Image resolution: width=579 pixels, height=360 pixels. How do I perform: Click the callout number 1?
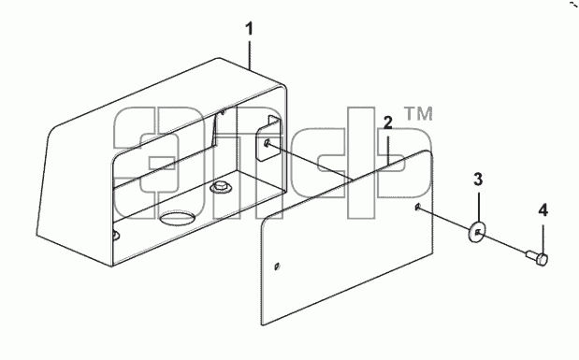tap(250, 29)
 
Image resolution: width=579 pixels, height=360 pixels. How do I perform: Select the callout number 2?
tap(387, 122)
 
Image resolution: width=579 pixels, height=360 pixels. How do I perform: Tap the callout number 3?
tap(478, 180)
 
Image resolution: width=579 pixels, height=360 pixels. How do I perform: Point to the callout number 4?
tap(543, 210)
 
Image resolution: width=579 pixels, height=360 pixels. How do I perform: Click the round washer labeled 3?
tap(477, 232)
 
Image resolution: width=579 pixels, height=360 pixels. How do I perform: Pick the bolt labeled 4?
tap(537, 256)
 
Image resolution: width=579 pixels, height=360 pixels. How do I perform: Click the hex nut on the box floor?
tap(221, 186)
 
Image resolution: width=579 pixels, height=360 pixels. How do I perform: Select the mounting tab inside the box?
tap(268, 137)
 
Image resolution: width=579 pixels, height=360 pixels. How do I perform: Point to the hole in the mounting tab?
tap(267, 143)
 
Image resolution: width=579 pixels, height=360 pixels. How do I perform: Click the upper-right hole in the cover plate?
tap(417, 207)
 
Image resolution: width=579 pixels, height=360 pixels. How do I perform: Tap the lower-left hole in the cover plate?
tap(277, 266)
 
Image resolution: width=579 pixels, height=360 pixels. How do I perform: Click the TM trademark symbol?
tap(418, 114)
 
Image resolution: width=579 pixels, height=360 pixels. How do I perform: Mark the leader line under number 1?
tap(250, 55)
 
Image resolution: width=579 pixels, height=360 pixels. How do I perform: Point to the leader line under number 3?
tap(478, 208)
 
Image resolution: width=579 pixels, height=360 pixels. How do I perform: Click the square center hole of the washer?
tap(478, 232)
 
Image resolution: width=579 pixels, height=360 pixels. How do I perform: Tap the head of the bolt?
tap(543, 259)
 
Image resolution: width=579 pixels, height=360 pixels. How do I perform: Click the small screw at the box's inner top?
tap(223, 111)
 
